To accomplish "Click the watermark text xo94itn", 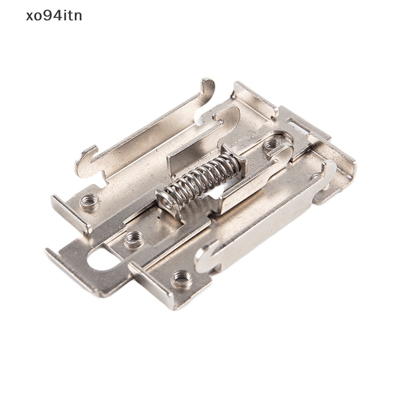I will coord(53,16).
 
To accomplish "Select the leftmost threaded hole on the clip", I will coord(89,202).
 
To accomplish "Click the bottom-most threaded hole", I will coord(182,278).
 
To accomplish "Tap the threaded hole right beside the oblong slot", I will coord(133,238).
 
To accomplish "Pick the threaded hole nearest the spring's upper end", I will coord(271,144).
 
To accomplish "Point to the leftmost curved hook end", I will coord(84,158).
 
